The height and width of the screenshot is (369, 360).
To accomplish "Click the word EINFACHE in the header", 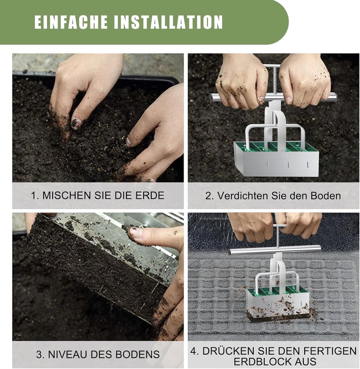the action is (x=71, y=22).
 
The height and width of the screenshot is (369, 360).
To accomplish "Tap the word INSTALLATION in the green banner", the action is (x=168, y=22).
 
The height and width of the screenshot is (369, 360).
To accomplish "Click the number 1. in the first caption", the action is (x=35, y=196).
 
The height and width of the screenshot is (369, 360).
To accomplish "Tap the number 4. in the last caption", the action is (x=195, y=351).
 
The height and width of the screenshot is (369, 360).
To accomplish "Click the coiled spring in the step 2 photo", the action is (x=274, y=80).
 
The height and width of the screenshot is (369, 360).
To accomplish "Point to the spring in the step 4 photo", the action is (x=278, y=238).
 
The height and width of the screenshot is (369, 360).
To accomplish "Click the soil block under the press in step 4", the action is (x=278, y=317).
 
